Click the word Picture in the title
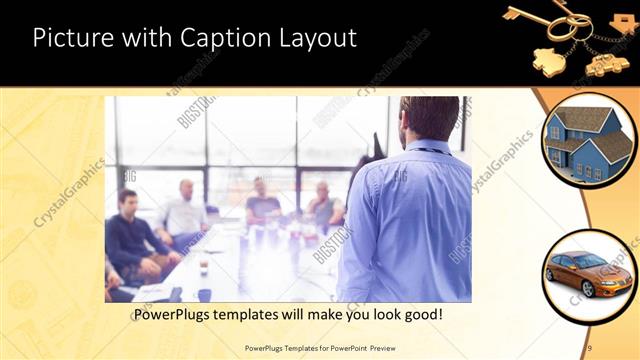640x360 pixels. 70,39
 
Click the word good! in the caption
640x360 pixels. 421,315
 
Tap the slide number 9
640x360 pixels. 590,346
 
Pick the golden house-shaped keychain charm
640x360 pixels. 546,57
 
